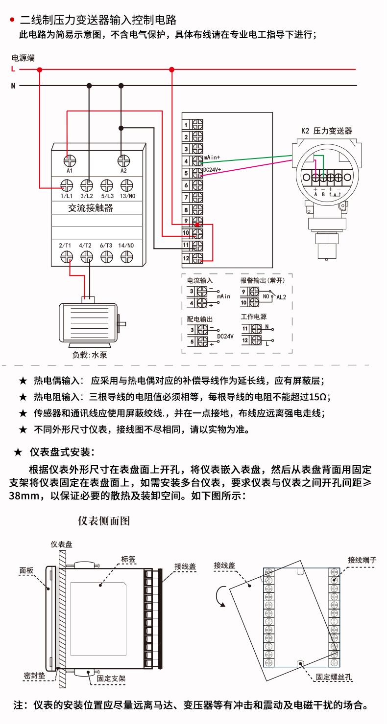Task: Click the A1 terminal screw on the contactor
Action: coord(70,160)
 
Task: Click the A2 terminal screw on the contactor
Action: coord(123,160)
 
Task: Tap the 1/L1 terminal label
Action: coord(66,196)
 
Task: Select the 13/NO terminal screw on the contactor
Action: coord(127,185)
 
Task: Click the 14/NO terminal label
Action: coord(126,245)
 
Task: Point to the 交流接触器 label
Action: coord(91,208)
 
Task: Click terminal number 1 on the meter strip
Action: coord(186,125)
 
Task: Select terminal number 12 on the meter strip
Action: coord(186,258)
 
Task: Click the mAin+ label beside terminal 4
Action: coord(212,158)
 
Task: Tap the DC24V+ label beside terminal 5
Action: coord(212,170)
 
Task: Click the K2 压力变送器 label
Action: coord(326,131)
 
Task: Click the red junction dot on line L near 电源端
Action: coord(40,69)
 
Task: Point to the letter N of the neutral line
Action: coord(13,86)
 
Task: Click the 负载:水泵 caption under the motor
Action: coord(89,355)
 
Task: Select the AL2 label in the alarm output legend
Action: coord(281,297)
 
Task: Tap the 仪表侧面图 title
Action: coord(104,520)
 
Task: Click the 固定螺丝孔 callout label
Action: coord(334,677)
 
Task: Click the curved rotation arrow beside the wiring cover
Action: coord(220,597)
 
